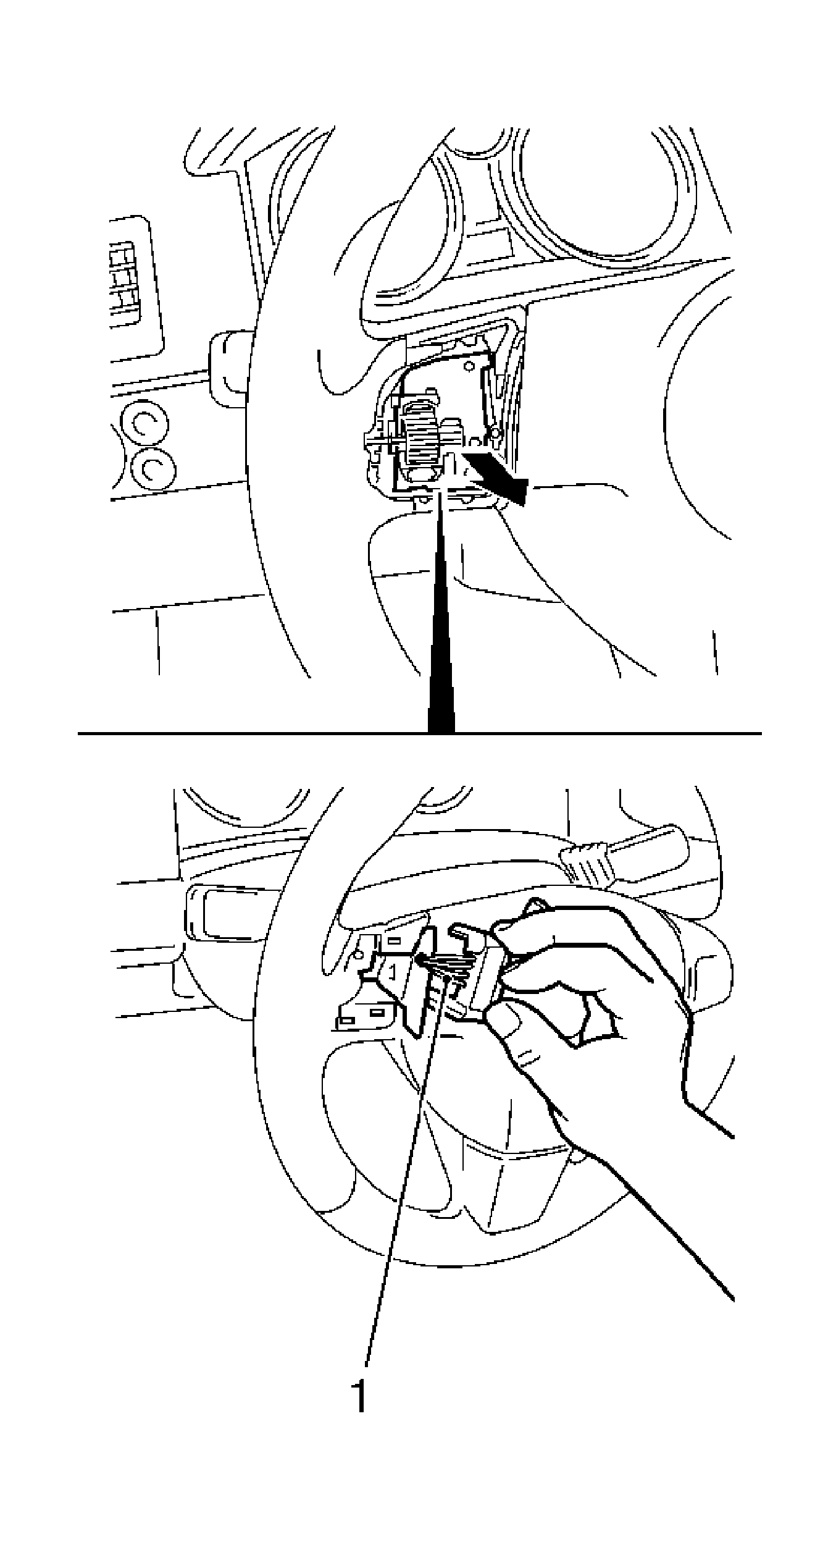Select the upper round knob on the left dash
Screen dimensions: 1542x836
coord(144,423)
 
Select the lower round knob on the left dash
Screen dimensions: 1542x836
coord(153,470)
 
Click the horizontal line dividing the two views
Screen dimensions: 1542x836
coord(247,733)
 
